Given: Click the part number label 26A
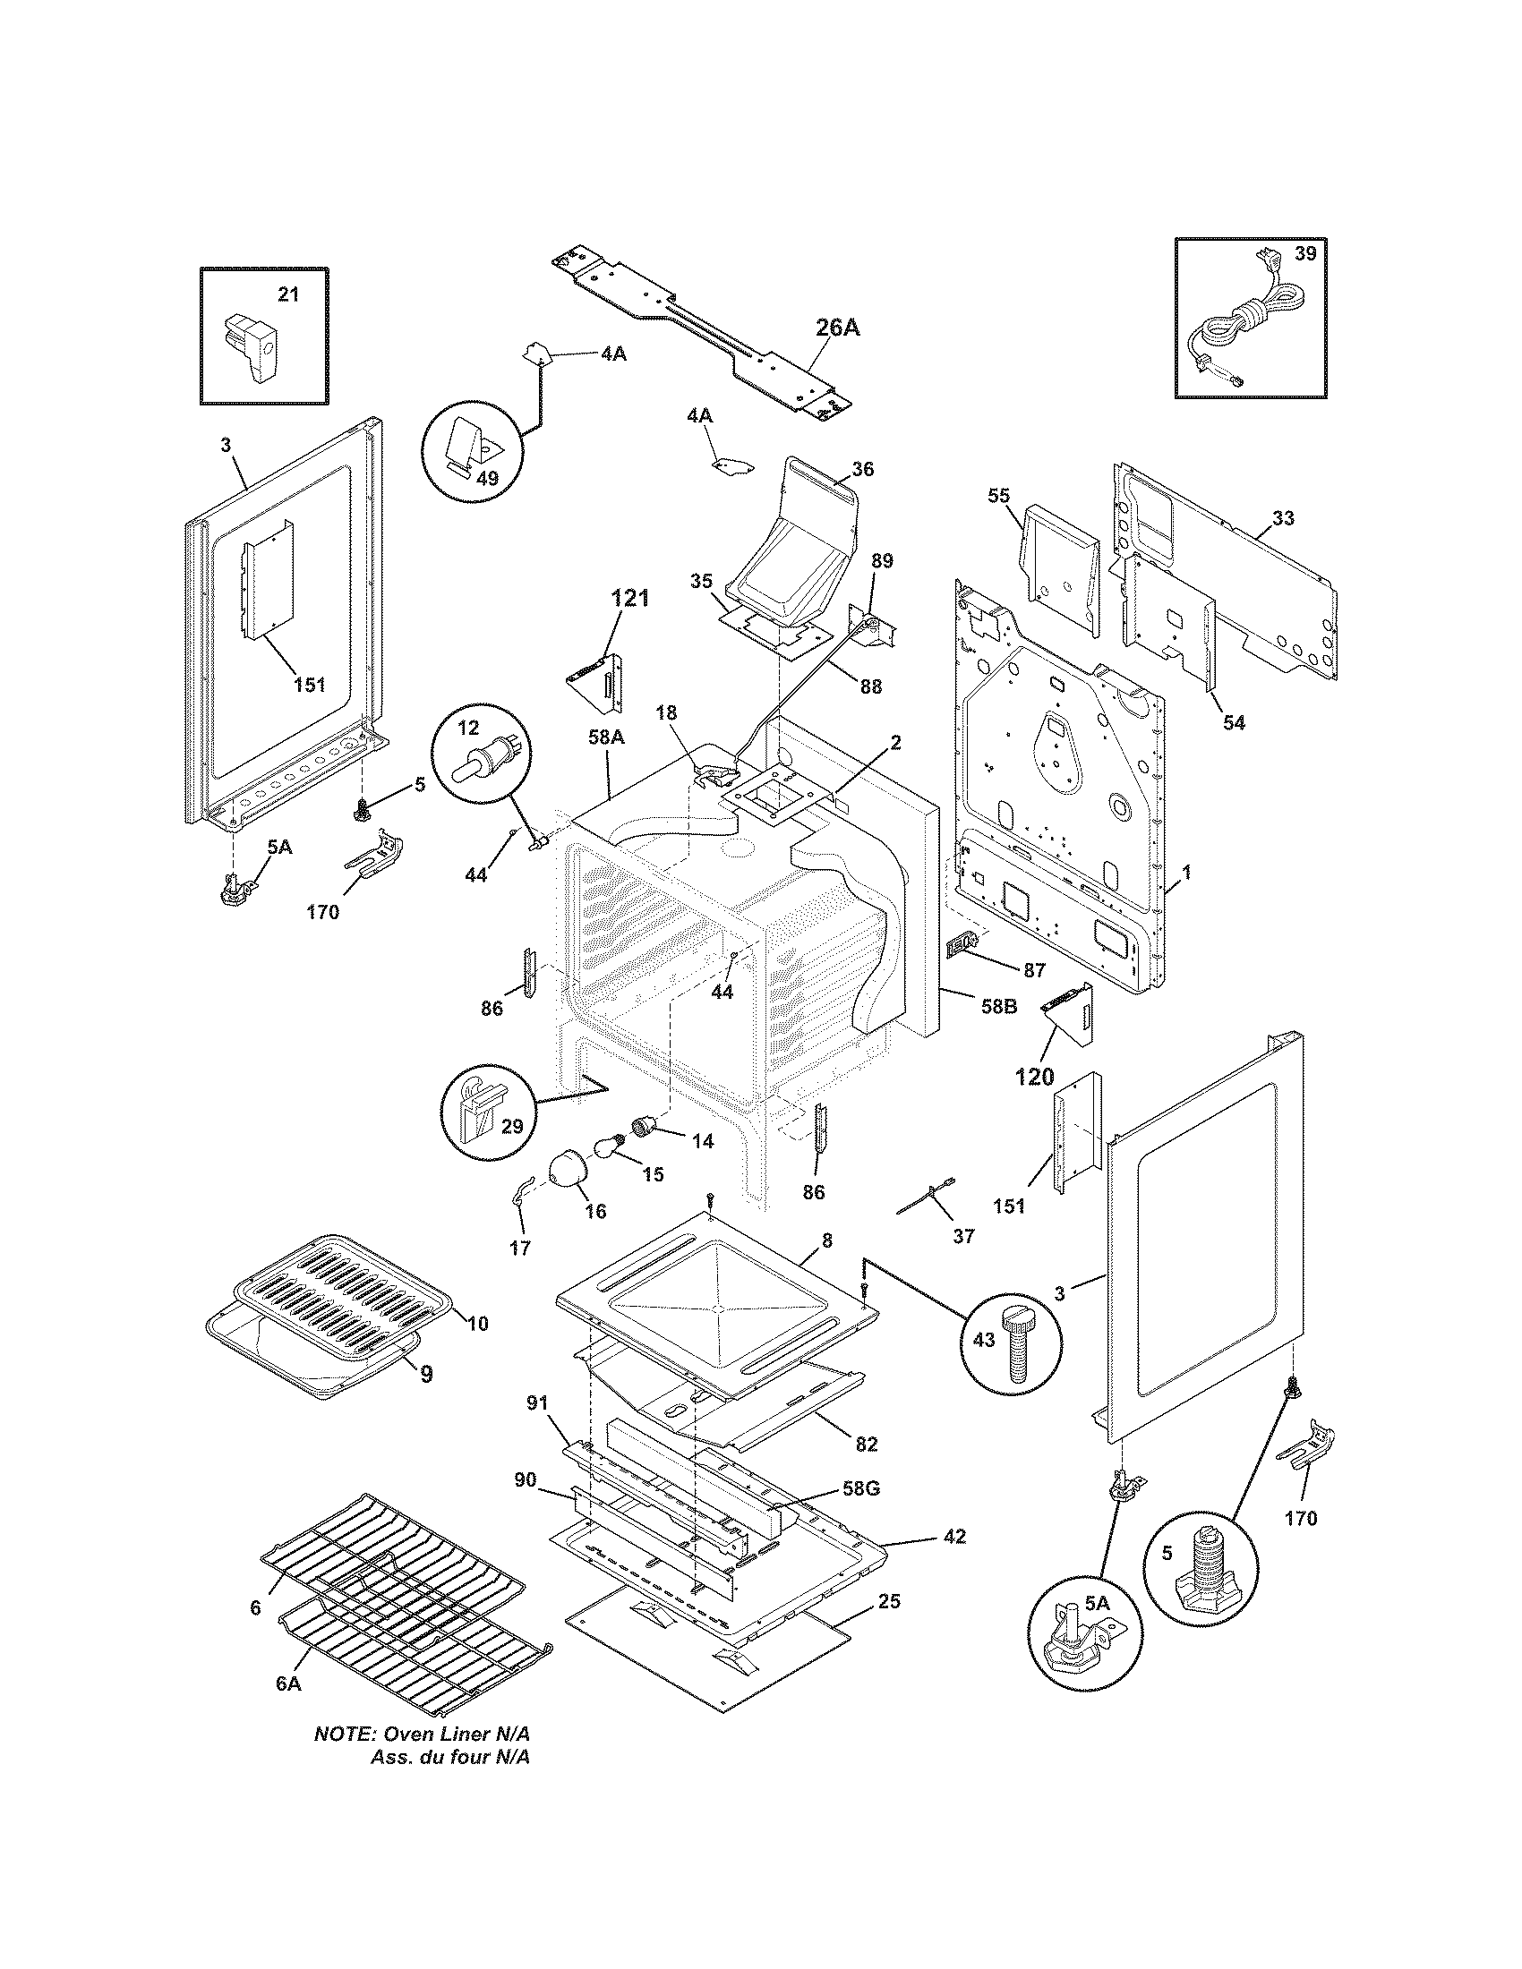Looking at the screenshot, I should pyautogui.click(x=837, y=328).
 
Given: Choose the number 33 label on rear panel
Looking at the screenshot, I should pyautogui.click(x=1283, y=517).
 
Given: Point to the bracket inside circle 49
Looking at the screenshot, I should pyautogui.click(x=470, y=447).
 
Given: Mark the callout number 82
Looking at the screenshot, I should pyautogui.click(x=865, y=1444).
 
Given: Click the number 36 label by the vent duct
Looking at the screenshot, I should pyautogui.click(x=862, y=469).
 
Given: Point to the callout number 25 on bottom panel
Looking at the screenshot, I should pyautogui.click(x=888, y=1602).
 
